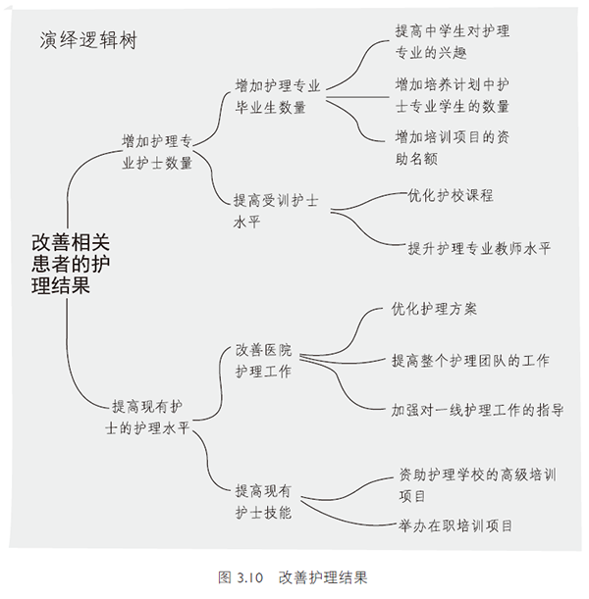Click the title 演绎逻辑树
tap(88, 40)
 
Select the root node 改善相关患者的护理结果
tap(71, 264)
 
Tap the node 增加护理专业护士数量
tap(157, 152)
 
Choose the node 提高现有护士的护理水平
tap(147, 418)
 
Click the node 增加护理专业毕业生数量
tap(278, 96)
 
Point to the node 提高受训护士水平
tap(276, 211)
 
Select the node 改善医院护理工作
tap(263, 360)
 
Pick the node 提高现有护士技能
tap(263, 501)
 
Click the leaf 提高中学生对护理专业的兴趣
tap(453, 41)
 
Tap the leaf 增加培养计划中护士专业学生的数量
tap(453, 95)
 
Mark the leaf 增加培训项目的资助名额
tap(453, 148)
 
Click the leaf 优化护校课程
tap(451, 196)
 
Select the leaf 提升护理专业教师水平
tap(480, 248)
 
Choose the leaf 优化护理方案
tap(434, 309)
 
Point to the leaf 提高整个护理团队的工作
tap(470, 360)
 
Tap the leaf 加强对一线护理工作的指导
tap(477, 410)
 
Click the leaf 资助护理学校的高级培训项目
tap(477, 485)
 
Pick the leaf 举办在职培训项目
tap(455, 525)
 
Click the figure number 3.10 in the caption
tap(250, 577)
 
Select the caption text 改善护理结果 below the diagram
tap(323, 577)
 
